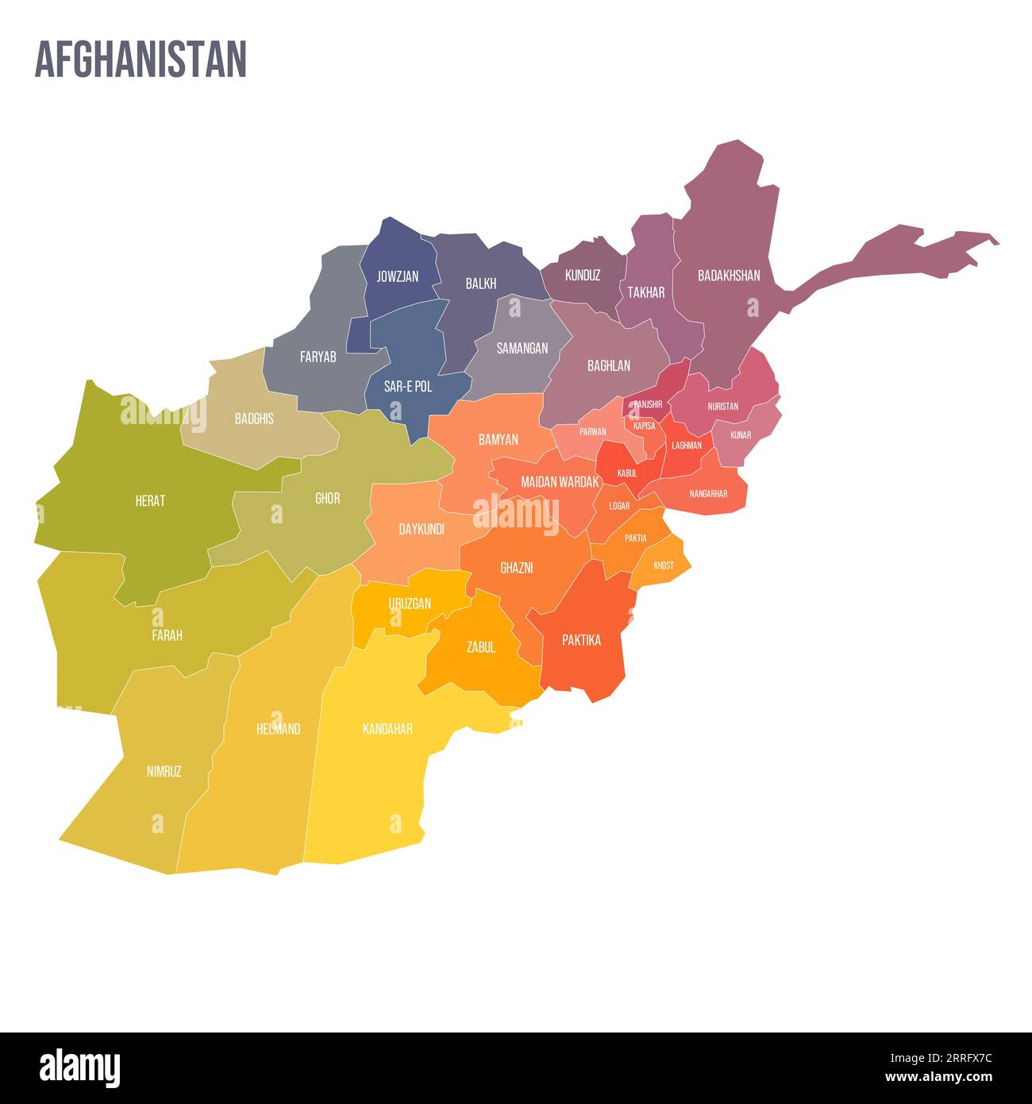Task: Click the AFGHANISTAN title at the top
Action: tap(141, 60)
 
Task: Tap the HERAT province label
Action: tap(150, 501)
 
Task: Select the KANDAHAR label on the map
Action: tap(387, 728)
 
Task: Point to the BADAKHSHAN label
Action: tap(729, 276)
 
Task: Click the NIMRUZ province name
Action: tap(164, 771)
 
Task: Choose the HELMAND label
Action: tap(279, 728)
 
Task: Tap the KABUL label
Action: tap(627, 473)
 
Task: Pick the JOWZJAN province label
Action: tap(397, 277)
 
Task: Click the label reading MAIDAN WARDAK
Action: tap(560, 481)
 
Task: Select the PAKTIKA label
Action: tap(581, 640)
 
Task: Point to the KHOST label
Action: tap(664, 566)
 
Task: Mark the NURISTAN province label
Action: tap(723, 407)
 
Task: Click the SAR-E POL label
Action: tap(408, 387)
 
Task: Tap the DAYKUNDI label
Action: tap(422, 529)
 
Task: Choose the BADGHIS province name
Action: tap(254, 419)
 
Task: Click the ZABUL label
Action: tap(481, 647)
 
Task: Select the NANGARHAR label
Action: tap(708, 494)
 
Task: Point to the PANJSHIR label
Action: tap(648, 404)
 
